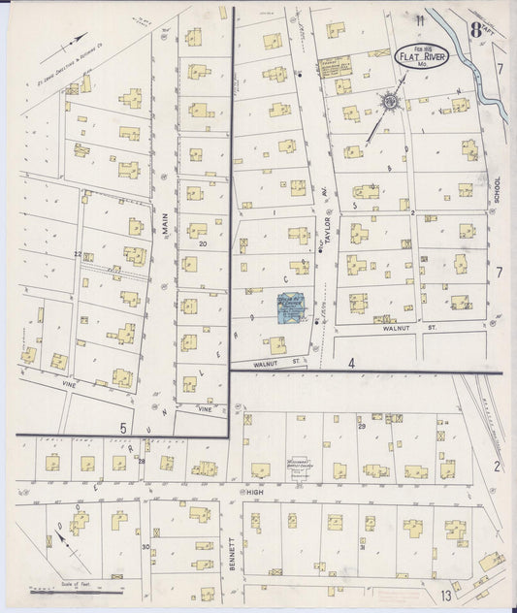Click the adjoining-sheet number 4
(x=353, y=364)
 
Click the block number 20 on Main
(x=203, y=244)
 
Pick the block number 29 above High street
(x=361, y=427)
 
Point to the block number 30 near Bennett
(x=145, y=547)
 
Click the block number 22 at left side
(x=77, y=254)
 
